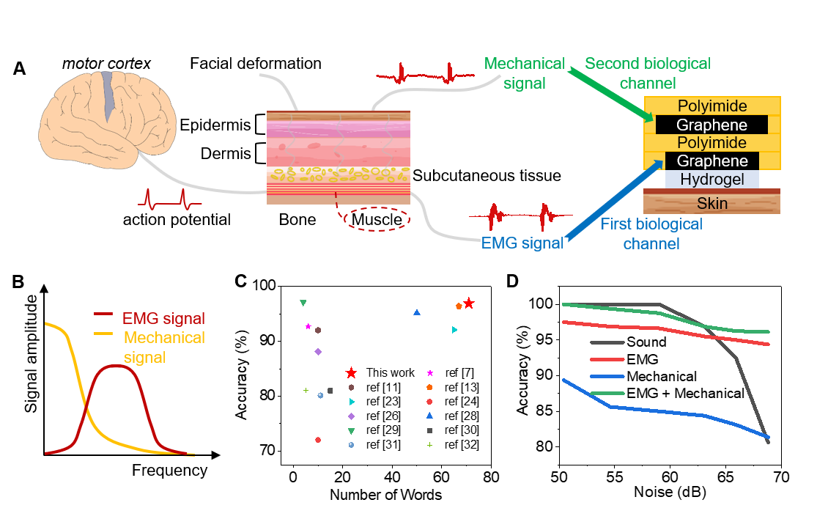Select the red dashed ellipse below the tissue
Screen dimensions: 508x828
(x=377, y=218)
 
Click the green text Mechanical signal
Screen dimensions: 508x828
(x=525, y=73)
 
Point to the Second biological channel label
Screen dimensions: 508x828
(x=648, y=73)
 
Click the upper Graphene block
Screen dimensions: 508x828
(x=711, y=125)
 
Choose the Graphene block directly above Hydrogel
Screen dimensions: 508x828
(x=711, y=161)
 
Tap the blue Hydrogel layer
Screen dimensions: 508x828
(x=711, y=180)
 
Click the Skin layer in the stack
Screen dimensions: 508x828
(x=711, y=202)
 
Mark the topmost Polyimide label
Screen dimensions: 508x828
(x=711, y=106)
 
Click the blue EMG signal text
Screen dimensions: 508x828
(x=522, y=243)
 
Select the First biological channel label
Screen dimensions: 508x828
(x=651, y=233)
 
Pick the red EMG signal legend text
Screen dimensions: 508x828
(x=163, y=319)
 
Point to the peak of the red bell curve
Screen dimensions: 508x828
(x=116, y=366)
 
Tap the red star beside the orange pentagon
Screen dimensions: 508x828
(x=469, y=303)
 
